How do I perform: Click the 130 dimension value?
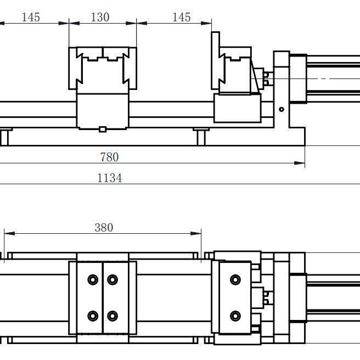coord(100,17)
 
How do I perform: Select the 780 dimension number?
coord(109,157)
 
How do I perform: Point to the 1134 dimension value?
coord(110,178)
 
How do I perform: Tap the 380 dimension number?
coord(104,228)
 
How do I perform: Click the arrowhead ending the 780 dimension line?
coord(300,163)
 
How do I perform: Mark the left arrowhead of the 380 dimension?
coord(10,233)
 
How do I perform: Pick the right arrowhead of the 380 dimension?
coord(196,233)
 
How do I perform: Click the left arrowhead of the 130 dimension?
coord(75,23)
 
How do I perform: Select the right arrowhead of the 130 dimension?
coord(131,23)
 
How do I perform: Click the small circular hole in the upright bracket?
coord(282,110)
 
